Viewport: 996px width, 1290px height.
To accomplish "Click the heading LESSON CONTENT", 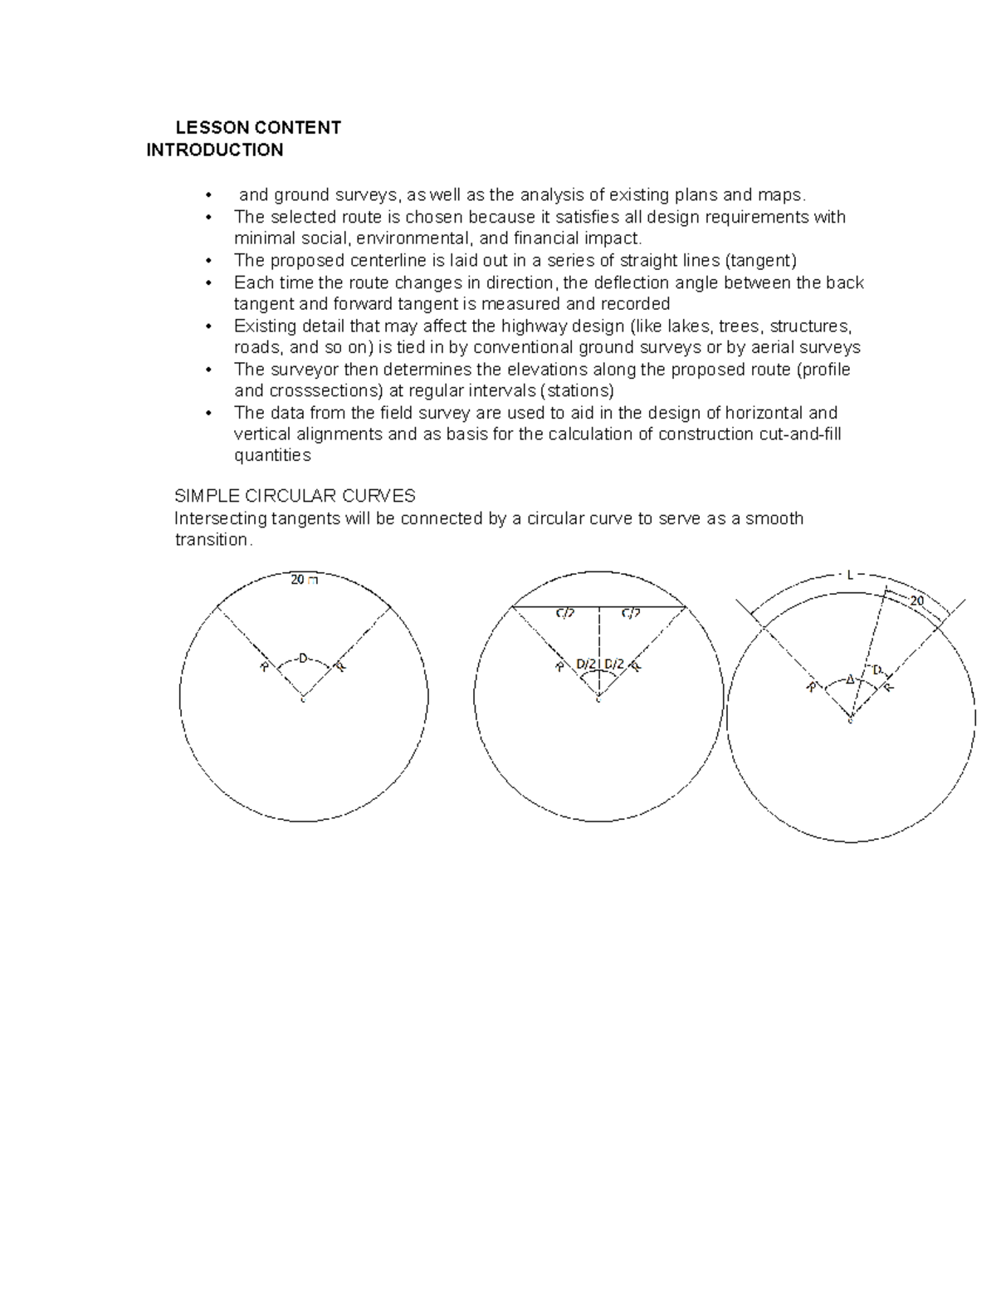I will coord(257,128).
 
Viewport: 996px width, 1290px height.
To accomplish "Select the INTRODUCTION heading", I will coord(214,150).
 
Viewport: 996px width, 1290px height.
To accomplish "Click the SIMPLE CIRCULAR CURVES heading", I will coord(294,497).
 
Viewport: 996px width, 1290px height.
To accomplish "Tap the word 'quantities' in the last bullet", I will coord(272,456).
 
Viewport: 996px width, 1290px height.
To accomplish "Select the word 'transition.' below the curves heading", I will coord(212,540).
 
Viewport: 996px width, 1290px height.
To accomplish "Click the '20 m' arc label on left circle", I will coord(303,580).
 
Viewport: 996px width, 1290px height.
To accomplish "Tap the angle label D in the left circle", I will coord(302,659).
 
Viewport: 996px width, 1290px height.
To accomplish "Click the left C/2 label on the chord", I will coord(564,613).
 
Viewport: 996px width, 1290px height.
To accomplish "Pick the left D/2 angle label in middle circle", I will coord(585,664).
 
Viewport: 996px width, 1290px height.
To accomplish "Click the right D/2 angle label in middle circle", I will coord(614,664).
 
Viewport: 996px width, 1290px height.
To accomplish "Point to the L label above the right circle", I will coord(850,574).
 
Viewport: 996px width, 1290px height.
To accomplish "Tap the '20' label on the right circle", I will coord(917,601).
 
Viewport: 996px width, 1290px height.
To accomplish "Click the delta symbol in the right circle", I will coord(850,679).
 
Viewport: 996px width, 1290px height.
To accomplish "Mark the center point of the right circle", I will coord(850,719).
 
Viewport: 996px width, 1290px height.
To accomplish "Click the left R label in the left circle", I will coord(264,666).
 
